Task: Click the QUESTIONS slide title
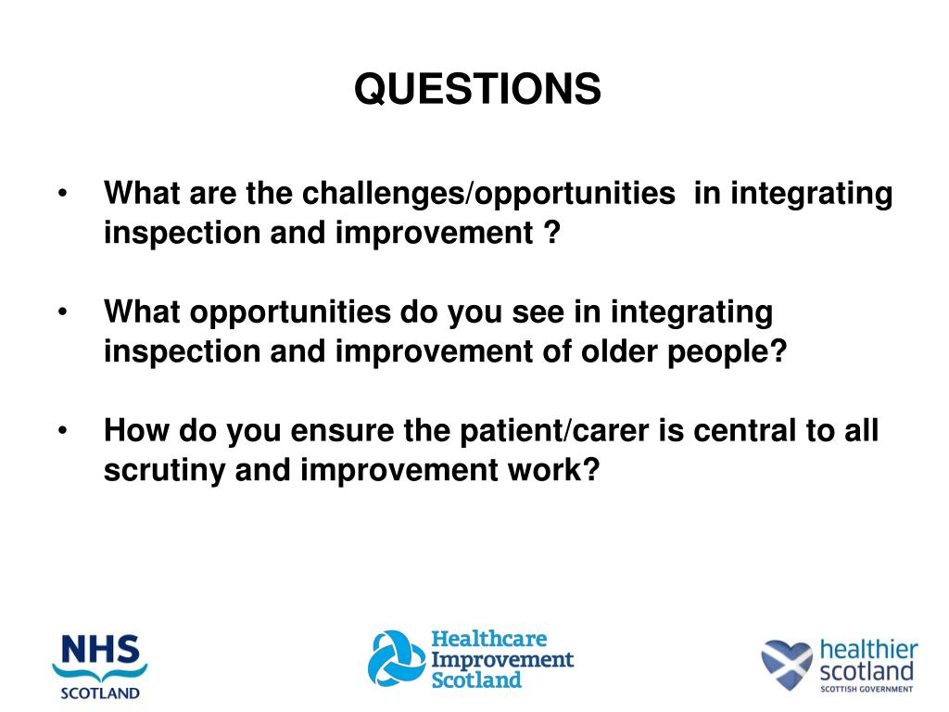[x=477, y=89]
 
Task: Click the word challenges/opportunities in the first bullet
[x=488, y=195]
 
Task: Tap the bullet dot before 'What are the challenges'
[x=62, y=194]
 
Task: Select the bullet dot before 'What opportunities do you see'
[x=62, y=312]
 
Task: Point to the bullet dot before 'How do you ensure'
[x=62, y=431]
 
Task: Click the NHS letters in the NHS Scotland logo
[x=100, y=649]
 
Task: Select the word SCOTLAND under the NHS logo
[x=100, y=693]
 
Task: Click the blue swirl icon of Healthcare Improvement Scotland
[x=397, y=659]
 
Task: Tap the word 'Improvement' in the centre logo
[x=501, y=660]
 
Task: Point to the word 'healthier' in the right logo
[x=868, y=650]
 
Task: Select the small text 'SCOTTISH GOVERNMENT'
[x=867, y=689]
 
